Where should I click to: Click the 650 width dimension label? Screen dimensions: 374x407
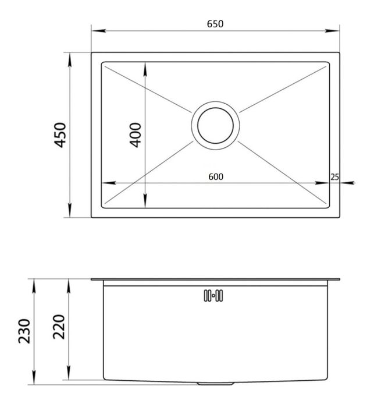click(x=215, y=24)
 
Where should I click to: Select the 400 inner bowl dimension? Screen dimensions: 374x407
click(x=136, y=135)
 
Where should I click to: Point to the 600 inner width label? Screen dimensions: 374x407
click(x=216, y=177)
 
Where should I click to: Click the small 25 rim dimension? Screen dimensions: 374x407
click(x=334, y=177)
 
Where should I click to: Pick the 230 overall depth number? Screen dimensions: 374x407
click(x=24, y=331)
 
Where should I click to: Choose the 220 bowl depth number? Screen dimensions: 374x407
click(x=59, y=327)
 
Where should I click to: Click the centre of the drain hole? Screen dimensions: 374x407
click(x=216, y=126)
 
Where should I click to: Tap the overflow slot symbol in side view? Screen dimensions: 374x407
click(x=213, y=295)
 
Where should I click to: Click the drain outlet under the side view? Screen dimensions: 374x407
click(x=216, y=383)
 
